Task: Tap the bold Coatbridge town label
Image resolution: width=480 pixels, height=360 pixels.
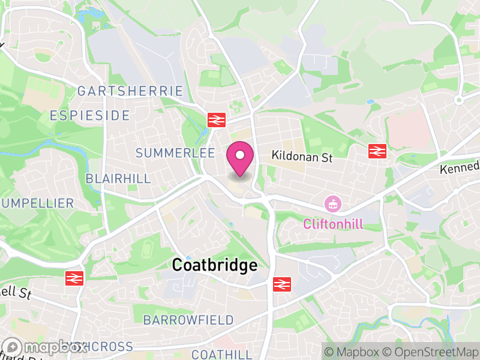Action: [214, 265]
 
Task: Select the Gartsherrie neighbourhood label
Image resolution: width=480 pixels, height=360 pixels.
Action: [130, 91]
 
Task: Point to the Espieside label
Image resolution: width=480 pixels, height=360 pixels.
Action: [89, 115]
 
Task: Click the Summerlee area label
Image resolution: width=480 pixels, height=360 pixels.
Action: [175, 154]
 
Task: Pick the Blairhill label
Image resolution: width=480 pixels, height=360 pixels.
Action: [118, 179]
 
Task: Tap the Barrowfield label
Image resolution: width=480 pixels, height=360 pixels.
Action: [188, 320]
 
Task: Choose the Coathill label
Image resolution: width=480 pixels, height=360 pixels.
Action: [222, 354]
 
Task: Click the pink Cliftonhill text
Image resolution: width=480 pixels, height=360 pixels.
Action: [333, 224]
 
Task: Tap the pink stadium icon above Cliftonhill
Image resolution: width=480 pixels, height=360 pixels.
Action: [331, 204]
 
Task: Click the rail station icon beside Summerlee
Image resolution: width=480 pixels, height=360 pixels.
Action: [216, 119]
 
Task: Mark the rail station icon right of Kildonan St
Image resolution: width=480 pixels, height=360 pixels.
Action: [377, 151]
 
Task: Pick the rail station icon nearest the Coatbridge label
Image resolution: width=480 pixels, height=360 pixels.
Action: [281, 284]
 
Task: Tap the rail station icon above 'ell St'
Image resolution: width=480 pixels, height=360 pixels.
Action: [73, 278]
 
